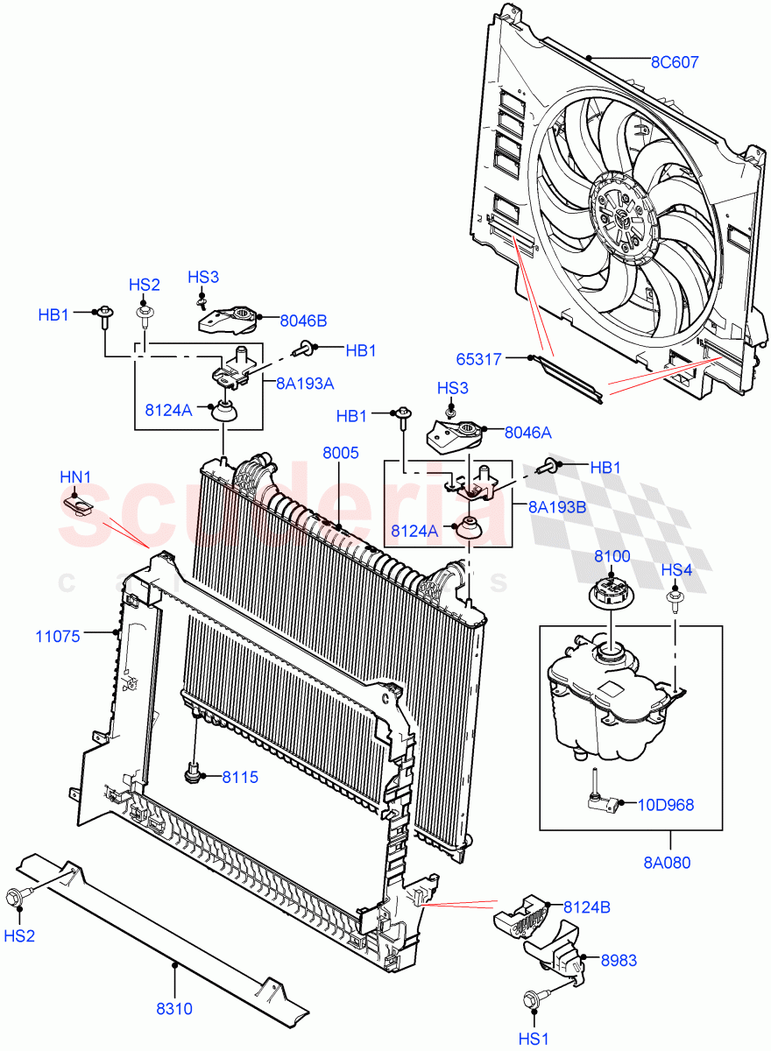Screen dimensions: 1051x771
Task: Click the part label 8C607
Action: click(674, 62)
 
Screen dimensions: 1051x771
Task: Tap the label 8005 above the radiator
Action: click(340, 454)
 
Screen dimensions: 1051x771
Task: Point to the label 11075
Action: click(58, 636)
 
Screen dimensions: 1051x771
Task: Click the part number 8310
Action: click(174, 1008)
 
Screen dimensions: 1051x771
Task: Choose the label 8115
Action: click(239, 776)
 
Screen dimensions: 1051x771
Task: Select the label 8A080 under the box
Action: click(668, 862)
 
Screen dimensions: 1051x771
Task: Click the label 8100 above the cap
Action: click(612, 556)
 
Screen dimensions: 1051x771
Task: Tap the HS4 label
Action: click(676, 570)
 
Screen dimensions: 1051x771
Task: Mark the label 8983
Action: click(619, 961)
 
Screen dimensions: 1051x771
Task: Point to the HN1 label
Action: click(75, 477)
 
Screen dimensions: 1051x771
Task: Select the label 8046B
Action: click(303, 321)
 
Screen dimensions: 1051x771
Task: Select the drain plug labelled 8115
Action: click(194, 772)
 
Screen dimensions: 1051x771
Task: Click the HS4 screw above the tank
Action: click(676, 601)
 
